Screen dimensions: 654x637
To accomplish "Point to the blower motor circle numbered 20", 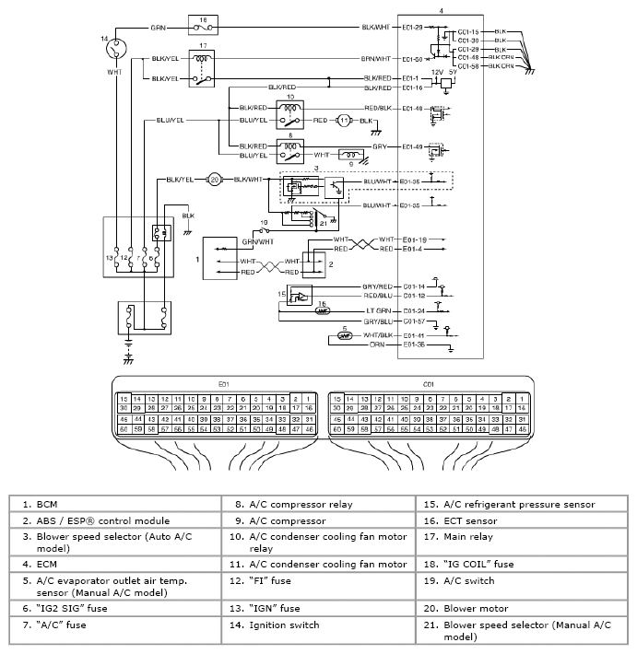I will [214, 179].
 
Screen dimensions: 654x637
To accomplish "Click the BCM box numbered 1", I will [224, 261].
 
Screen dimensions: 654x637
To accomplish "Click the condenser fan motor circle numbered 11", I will [343, 121].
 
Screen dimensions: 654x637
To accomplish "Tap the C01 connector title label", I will [428, 384].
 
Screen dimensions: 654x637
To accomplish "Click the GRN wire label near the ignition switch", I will [159, 28].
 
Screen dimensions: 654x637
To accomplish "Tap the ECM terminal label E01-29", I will [412, 28].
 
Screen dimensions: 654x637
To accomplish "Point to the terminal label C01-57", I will [414, 322].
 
